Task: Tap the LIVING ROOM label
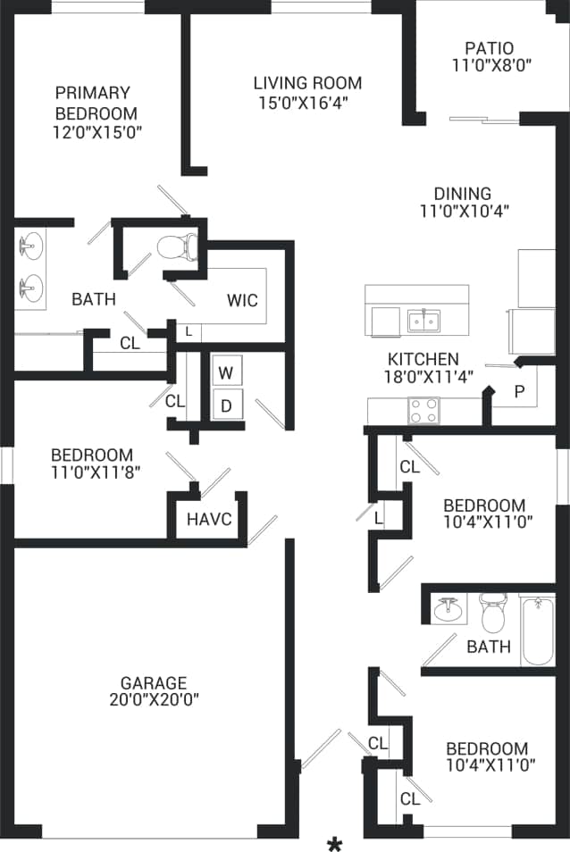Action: click(307, 84)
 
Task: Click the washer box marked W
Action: click(227, 372)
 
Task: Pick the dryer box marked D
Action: click(227, 405)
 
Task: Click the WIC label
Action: click(242, 300)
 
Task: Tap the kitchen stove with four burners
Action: click(425, 410)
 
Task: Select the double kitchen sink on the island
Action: click(423, 320)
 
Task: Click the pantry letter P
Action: click(519, 391)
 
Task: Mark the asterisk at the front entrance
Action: click(335, 844)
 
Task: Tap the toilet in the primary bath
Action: click(178, 244)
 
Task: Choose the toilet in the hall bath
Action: click(491, 613)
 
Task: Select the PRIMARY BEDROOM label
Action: click(96, 103)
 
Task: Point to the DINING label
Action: click(463, 194)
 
